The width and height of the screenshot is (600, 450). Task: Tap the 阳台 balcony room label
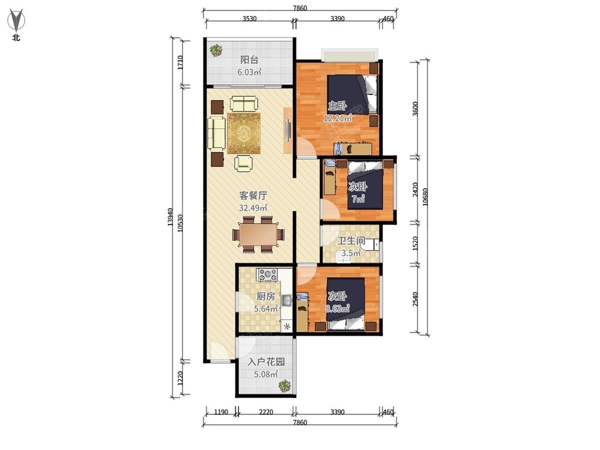point(249,60)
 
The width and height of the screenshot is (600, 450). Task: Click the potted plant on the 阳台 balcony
point(216,50)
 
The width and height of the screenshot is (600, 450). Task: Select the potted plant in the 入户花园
point(284,386)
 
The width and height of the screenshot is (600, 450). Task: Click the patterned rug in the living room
point(244,133)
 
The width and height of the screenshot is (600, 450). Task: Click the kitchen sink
point(286,300)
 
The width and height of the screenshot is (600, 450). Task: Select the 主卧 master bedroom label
point(337,105)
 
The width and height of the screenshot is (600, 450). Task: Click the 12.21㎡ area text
point(338,118)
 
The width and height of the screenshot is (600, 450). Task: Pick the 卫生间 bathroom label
point(351,240)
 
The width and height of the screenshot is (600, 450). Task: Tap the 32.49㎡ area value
point(253,208)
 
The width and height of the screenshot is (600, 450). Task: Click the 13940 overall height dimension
point(170,217)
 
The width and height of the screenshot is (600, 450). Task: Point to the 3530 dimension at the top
point(249,19)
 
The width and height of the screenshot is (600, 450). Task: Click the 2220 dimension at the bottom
point(265,411)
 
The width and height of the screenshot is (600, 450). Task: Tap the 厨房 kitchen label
point(265,296)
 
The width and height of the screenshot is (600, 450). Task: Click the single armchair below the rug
point(243,163)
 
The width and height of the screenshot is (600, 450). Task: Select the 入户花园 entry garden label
point(266,362)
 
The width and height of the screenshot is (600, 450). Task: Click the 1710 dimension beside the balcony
point(180,62)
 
